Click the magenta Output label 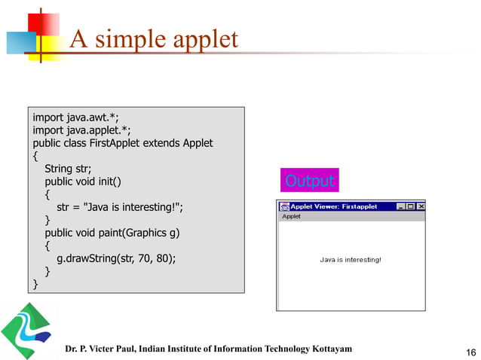tap(309, 182)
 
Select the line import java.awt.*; tap(75, 117)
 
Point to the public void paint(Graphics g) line tap(112, 233)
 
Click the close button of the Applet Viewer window tap(421, 206)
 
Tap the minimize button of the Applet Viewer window tap(400, 206)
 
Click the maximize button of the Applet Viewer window tap(410, 206)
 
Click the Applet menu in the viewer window tap(291, 216)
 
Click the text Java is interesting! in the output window tap(351, 260)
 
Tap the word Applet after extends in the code tap(197, 143)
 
